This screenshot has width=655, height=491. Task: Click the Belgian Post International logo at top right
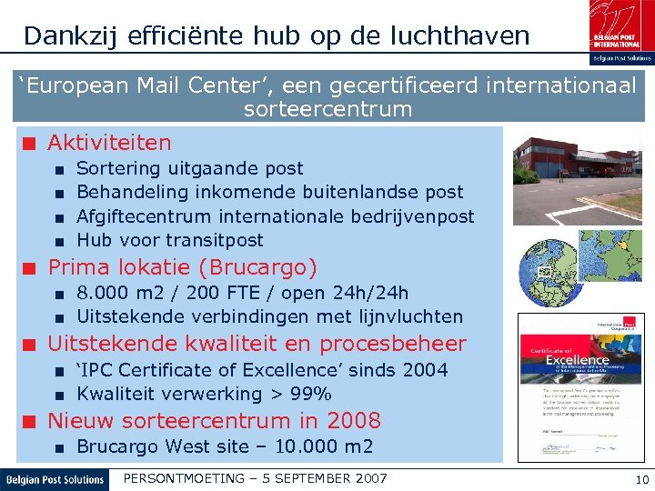(x=620, y=31)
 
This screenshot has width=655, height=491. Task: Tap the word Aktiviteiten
(x=109, y=143)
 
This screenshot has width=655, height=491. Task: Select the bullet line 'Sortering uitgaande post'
(x=190, y=168)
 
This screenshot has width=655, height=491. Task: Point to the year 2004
(x=425, y=370)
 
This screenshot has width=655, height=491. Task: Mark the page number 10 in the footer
(x=641, y=479)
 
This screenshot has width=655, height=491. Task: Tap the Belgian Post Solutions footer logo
(x=55, y=479)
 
